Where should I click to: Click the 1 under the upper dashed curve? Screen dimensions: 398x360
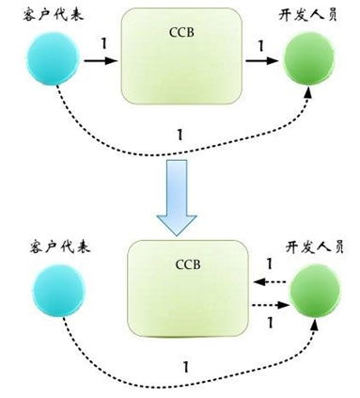(x=180, y=135)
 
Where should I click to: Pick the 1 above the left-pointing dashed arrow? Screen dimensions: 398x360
(x=271, y=263)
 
